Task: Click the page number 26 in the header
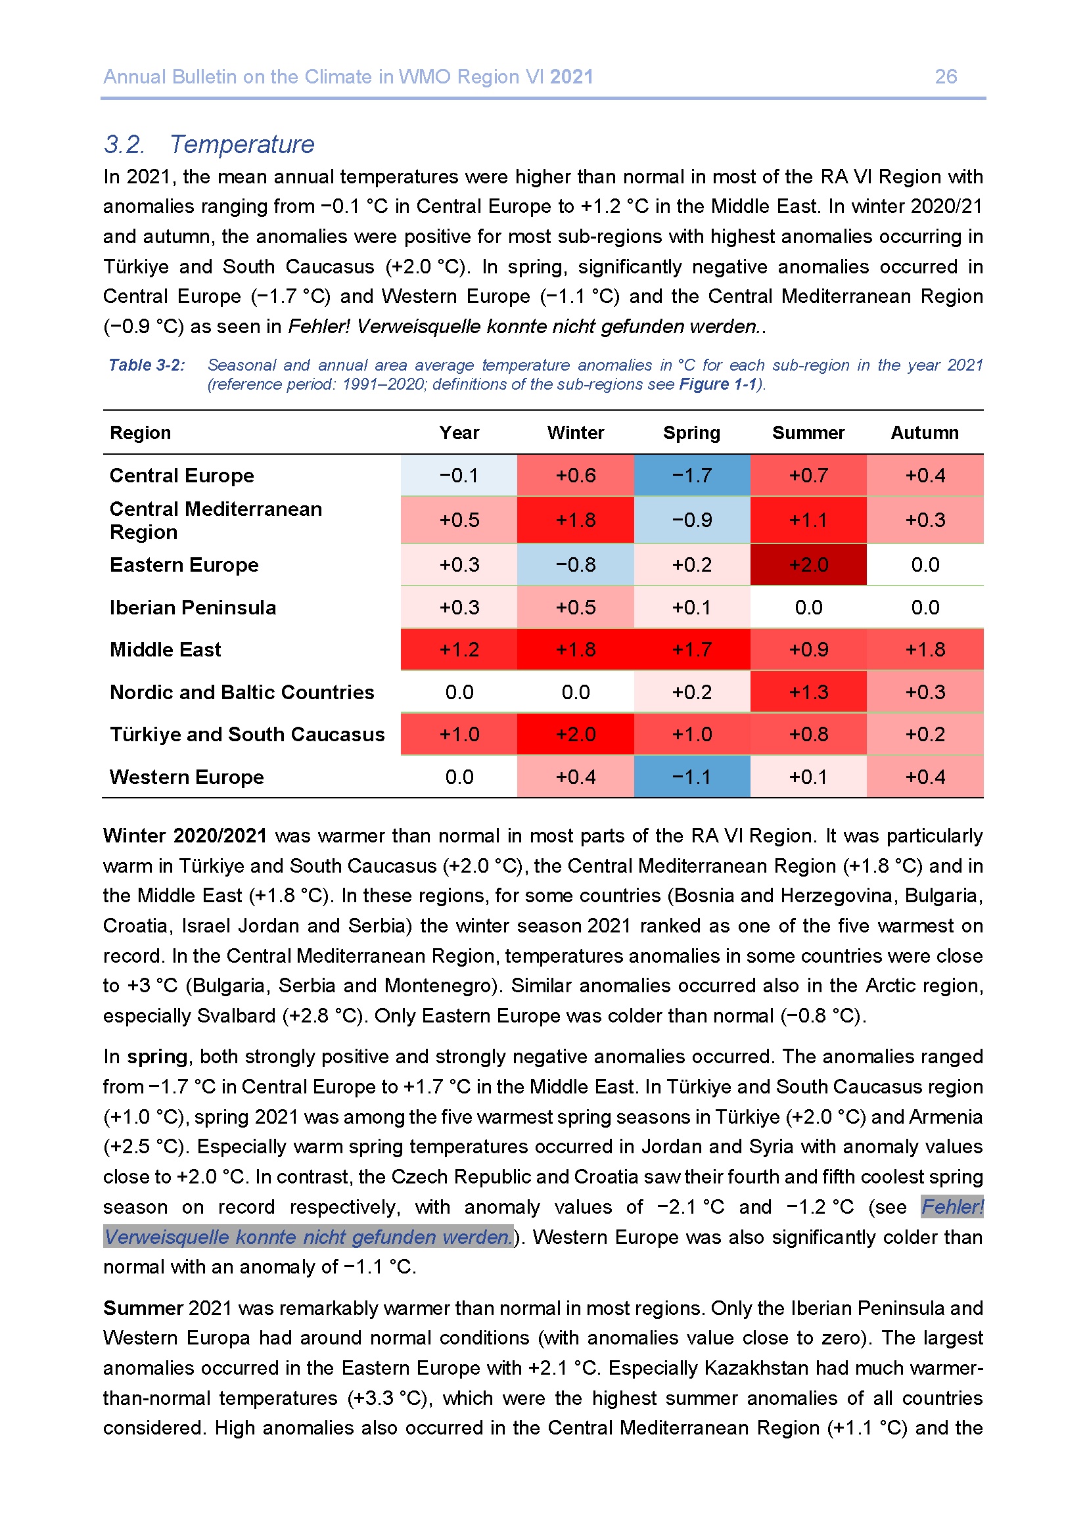point(945,77)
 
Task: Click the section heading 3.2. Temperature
point(208,145)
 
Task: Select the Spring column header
point(691,433)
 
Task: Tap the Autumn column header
point(925,433)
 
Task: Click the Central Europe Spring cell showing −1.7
point(691,475)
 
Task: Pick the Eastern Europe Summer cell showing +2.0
point(808,564)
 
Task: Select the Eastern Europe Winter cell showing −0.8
point(575,564)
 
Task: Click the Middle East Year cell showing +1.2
point(459,649)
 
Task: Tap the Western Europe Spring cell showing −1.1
point(691,777)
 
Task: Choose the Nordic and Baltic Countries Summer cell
point(808,691)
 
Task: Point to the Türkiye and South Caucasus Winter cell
point(575,735)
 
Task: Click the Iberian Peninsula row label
point(193,607)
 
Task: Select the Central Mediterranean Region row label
point(216,520)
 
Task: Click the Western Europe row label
point(187,777)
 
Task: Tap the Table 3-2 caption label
point(147,365)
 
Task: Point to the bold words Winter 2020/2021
point(185,836)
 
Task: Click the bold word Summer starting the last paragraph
point(143,1308)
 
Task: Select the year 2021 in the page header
point(571,77)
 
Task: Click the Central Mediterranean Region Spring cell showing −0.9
point(691,520)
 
